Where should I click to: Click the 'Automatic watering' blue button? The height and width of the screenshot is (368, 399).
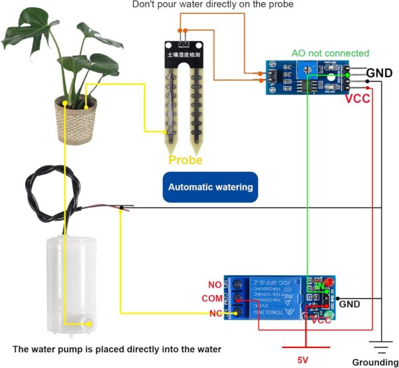[210, 187]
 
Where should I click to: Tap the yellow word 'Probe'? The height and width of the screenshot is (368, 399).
[186, 160]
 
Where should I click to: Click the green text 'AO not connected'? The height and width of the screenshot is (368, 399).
[330, 53]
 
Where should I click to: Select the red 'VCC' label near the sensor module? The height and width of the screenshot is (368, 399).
[358, 100]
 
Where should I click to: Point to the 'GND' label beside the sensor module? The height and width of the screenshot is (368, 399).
[379, 72]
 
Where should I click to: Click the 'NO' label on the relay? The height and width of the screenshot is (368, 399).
[214, 284]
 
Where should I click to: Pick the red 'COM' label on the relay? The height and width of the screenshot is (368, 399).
[212, 298]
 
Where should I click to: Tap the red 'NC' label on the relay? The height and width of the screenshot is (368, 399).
[214, 313]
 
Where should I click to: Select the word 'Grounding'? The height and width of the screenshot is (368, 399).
[375, 362]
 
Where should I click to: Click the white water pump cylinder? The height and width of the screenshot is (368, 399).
[66, 286]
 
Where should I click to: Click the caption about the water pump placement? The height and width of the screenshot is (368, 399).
[117, 349]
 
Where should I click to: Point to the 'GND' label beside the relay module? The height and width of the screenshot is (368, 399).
[349, 304]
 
